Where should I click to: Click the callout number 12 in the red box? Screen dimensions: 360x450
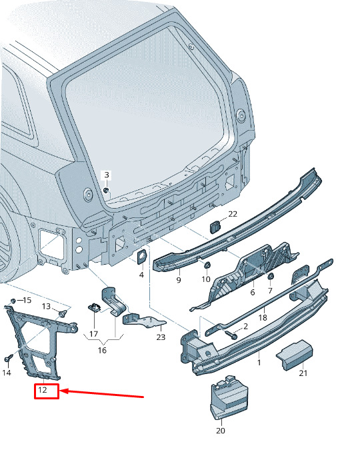43,390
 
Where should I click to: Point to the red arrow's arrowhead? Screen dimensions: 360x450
64,391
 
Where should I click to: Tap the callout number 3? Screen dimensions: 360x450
107,175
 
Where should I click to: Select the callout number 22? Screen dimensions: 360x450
233,214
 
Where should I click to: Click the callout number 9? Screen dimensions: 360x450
179,280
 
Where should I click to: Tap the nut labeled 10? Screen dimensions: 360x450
207,265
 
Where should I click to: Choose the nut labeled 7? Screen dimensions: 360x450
271,276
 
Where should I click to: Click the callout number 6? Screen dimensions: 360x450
253,292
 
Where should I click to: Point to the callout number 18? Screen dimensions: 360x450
263,317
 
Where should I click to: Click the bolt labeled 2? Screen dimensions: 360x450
231,335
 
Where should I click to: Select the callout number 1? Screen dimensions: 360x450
259,363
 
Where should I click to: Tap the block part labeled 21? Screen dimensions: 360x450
295,355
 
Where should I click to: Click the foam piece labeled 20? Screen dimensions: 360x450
229,397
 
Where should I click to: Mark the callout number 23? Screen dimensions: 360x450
161,337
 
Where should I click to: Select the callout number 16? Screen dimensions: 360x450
102,350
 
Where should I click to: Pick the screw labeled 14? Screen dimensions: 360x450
9,358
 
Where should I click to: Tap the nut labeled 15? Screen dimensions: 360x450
13,301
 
